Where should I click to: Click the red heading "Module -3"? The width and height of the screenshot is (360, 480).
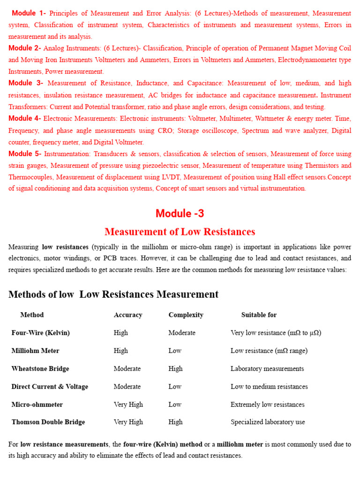[x=180, y=214]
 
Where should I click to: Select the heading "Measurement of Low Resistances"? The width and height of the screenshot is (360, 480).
[x=180, y=232]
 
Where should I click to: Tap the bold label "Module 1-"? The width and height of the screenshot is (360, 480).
[x=29, y=13]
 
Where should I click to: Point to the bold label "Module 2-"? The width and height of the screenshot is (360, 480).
[x=25, y=48]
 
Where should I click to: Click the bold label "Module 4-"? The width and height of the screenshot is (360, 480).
[x=25, y=119]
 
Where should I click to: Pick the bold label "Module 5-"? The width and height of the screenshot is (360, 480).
[x=25, y=154]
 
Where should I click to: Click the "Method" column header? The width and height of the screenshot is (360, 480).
[x=32, y=315]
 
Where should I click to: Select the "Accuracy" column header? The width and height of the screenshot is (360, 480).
[x=128, y=315]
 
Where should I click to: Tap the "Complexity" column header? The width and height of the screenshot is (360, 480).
[x=186, y=315]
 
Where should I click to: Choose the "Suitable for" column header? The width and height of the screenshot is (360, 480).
[x=259, y=315]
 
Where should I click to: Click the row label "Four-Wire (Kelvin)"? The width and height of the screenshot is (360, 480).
[x=40, y=333]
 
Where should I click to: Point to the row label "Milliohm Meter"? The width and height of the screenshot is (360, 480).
[x=35, y=351]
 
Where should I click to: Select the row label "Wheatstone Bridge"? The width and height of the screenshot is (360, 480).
[x=40, y=368]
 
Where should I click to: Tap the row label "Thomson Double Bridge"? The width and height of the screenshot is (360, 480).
[x=48, y=422]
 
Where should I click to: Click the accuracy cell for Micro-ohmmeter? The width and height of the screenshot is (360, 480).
[x=128, y=404]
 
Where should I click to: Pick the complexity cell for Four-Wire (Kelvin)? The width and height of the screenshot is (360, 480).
[x=182, y=333]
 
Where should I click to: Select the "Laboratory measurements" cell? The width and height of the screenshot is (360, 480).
[x=267, y=368]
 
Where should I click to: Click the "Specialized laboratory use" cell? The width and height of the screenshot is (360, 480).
[x=268, y=422]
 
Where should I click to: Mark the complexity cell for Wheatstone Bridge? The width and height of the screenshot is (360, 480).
[x=175, y=368]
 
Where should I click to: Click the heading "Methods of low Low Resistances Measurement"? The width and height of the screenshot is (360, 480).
[x=113, y=294]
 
